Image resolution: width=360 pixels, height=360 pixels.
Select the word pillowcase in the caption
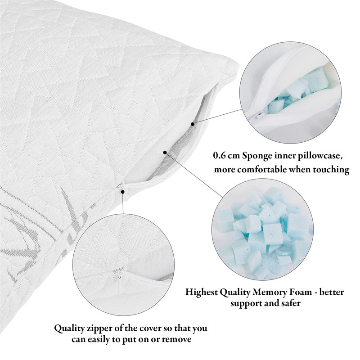tap(319, 157)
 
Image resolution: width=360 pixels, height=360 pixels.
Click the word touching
tap(330, 170)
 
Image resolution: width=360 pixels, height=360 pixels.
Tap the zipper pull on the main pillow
tap(120, 186)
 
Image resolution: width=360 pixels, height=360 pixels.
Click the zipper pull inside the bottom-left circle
tap(119, 271)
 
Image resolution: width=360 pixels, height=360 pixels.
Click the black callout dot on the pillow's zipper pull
tap(122, 192)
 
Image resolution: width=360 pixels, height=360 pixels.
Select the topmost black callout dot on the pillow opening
tap(193, 123)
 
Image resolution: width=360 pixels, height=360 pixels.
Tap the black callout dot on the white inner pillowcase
tap(165, 153)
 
